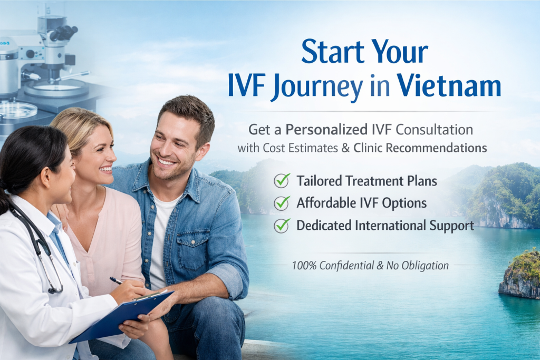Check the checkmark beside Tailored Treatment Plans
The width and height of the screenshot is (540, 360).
pos(282,180)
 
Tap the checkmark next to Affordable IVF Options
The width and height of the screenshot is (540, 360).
pos(282,202)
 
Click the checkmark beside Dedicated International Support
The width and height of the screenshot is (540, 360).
pos(282,225)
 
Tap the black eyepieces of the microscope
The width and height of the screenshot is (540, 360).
pos(64,33)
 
